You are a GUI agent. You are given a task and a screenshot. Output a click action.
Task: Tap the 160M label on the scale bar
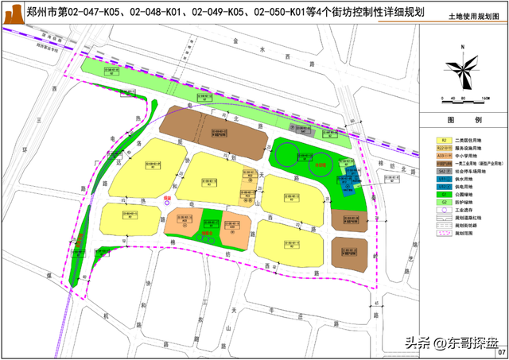(484, 98)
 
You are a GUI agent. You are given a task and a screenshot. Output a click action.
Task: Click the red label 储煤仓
(210, 223)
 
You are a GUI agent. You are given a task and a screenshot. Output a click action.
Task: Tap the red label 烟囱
(168, 192)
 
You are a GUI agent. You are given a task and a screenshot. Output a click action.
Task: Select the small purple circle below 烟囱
(167, 202)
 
